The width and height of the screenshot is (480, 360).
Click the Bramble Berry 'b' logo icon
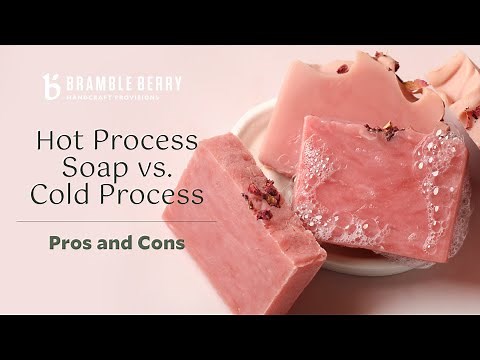point(51,87)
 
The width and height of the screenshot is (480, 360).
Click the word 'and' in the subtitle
point(118,242)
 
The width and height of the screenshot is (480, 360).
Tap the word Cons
point(162,242)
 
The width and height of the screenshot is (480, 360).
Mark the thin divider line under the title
point(114,221)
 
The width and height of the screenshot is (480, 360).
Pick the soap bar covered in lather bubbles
point(380,190)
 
